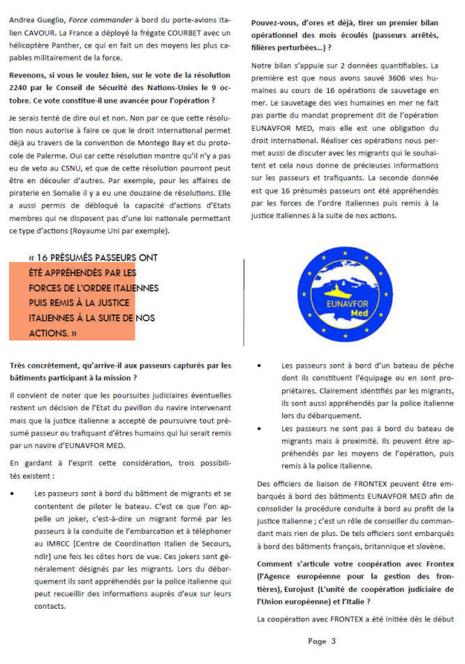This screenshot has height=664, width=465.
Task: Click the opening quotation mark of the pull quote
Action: click(33, 257)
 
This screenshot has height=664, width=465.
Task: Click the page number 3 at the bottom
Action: click(333, 640)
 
